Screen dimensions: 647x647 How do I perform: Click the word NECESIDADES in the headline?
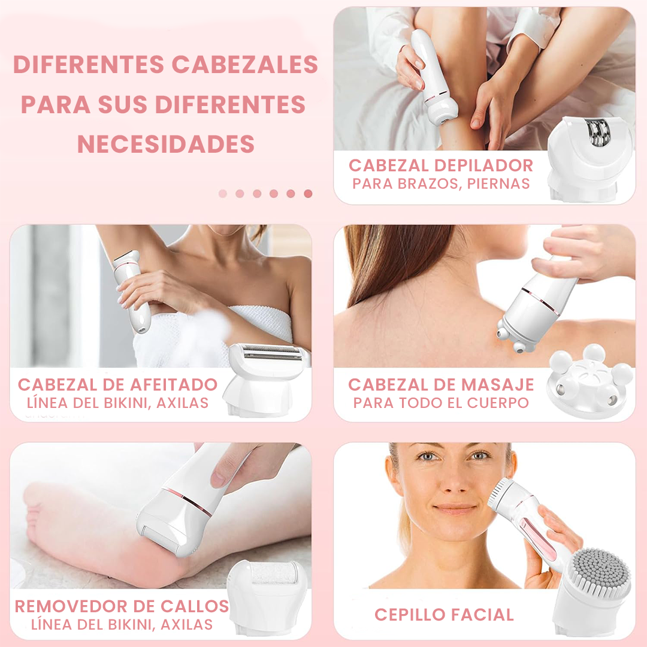166,144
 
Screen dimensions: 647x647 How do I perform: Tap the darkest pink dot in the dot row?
308,194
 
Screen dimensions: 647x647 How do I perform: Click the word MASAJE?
498,385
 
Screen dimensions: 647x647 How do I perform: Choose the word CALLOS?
194,606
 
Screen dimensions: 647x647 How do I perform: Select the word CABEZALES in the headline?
244,64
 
